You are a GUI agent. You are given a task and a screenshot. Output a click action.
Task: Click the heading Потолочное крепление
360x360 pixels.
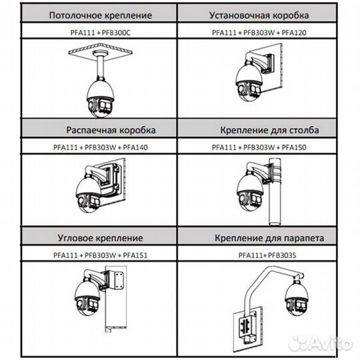101,15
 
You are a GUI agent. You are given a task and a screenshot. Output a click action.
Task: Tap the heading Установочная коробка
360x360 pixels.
259,15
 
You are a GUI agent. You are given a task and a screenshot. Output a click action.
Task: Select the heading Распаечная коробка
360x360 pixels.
111,130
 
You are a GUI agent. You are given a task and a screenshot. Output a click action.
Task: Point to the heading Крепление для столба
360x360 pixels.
269,130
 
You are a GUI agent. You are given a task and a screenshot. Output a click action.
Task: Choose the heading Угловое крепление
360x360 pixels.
100,238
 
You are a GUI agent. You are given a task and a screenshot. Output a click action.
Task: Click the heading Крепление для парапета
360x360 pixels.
269,238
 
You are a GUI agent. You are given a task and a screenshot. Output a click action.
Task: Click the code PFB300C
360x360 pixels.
116,33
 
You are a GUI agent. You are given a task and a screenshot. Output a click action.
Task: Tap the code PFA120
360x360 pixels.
294,33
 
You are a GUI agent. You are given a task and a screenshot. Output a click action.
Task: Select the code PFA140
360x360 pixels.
135,147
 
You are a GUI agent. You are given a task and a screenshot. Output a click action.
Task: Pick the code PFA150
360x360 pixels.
294,147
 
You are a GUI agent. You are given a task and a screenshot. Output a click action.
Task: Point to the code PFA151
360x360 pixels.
135,255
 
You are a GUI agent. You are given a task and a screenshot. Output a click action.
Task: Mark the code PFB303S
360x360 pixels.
282,255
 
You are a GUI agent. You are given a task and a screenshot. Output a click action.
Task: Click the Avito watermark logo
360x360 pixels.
320,344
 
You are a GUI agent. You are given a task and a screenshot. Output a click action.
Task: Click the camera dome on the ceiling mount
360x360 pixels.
100,98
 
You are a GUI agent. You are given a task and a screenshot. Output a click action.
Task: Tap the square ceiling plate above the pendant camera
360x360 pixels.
100,51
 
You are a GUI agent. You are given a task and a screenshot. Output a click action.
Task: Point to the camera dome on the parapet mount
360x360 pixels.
297,299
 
